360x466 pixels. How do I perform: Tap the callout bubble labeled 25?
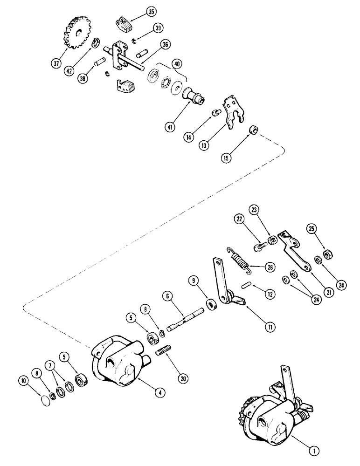tap(312, 229)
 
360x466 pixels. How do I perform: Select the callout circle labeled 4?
tap(160, 392)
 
